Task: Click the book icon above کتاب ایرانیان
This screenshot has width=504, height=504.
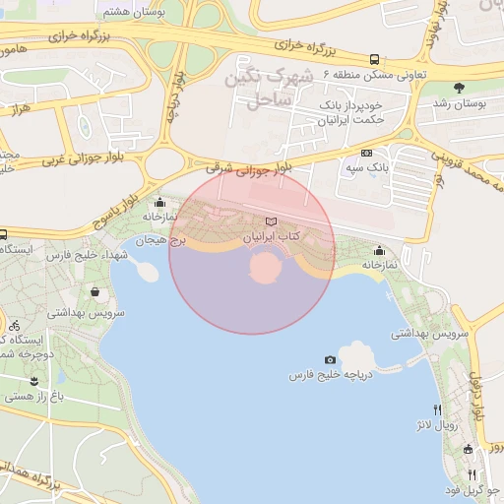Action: click(272, 222)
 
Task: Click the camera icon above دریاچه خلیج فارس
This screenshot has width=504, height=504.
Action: click(329, 360)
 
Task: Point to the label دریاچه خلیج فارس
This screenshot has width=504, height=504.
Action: click(329, 376)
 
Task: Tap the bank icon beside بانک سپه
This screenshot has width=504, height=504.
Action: click(367, 153)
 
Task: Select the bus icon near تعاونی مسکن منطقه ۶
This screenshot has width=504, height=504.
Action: click(374, 60)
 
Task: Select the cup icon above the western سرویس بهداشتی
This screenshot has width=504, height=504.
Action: click(94, 292)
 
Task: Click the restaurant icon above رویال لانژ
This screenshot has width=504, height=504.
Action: click(436, 409)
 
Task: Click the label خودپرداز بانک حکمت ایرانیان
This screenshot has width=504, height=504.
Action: click(350, 111)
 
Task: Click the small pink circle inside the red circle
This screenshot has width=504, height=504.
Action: click(264, 268)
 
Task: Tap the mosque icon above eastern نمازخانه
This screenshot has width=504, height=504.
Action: click(380, 250)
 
